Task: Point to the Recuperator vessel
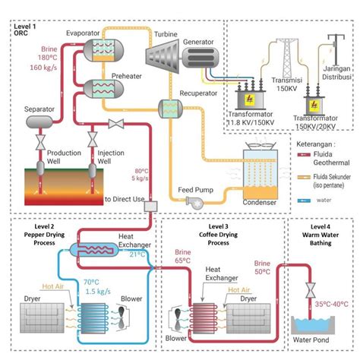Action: (168, 108)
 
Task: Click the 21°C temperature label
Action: (137, 254)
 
